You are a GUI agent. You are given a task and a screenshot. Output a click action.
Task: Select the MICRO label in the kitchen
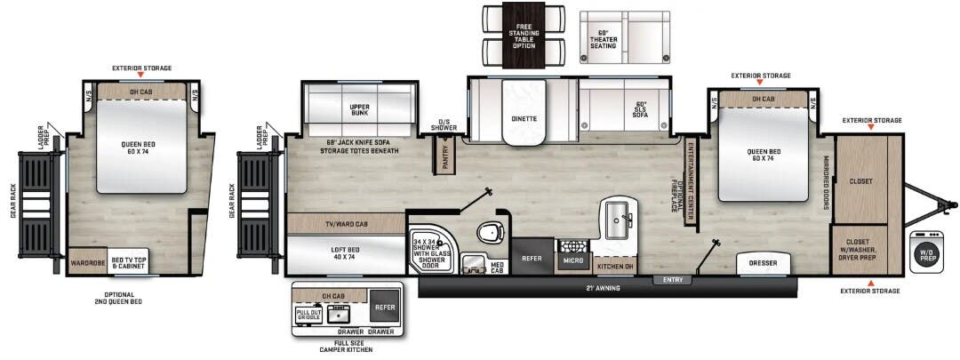[x=572, y=261]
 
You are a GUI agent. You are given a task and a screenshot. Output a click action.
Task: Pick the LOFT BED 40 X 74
[x=344, y=252]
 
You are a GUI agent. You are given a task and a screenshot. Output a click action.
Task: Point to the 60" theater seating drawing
[x=624, y=37]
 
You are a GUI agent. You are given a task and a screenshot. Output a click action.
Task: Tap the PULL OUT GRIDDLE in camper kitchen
[x=308, y=316]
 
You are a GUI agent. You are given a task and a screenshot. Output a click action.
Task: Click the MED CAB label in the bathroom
[x=497, y=265]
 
